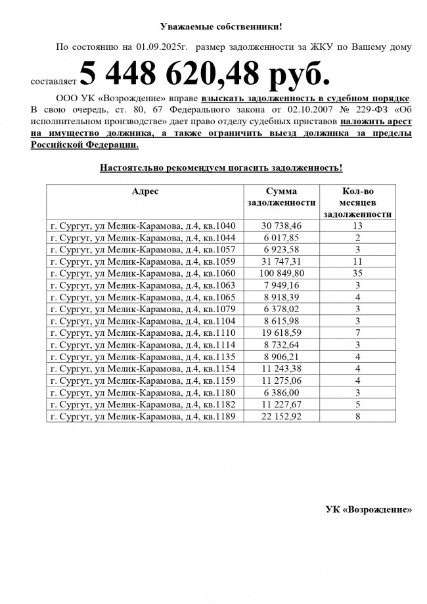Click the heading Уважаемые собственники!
[x=221, y=26]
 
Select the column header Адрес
[x=145, y=191]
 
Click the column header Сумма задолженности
[x=281, y=197]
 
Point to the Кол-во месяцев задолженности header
[x=359, y=202]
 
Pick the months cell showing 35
[x=358, y=273]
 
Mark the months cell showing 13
[x=358, y=226]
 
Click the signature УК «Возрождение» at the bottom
[x=369, y=510]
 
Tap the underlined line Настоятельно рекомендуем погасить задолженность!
[x=221, y=168]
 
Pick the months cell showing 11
[x=358, y=262]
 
